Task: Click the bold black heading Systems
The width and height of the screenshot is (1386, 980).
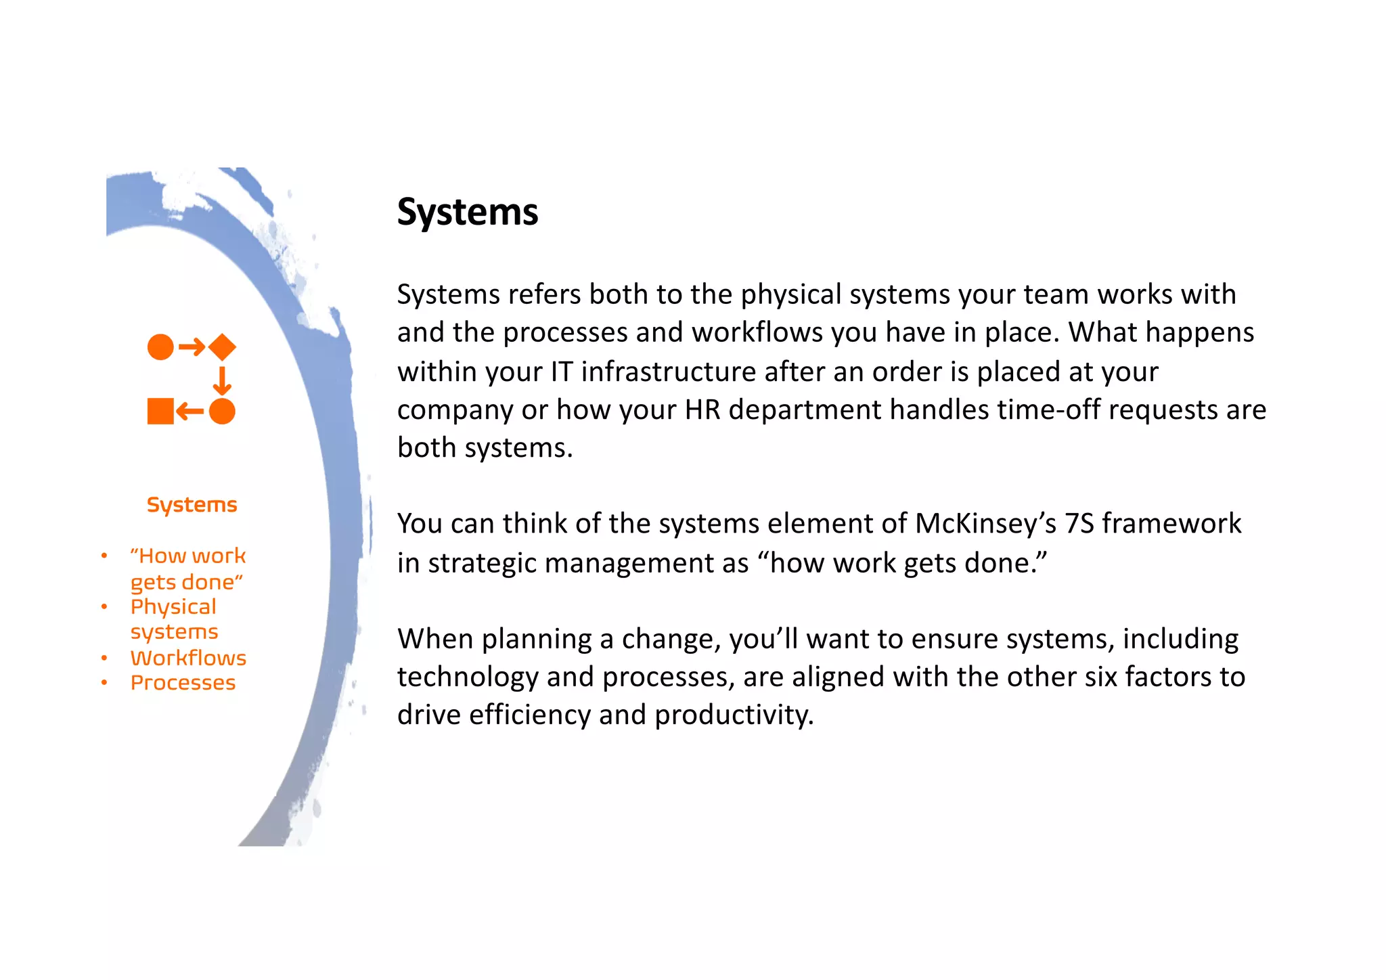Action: tap(467, 213)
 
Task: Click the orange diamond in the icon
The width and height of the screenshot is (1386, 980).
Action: tap(222, 347)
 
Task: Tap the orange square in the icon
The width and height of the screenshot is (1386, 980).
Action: tap(160, 411)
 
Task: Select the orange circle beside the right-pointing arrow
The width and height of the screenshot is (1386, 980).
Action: tap(160, 347)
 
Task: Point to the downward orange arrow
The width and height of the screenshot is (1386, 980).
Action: tap(222, 380)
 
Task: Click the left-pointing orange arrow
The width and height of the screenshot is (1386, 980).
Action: tap(190, 411)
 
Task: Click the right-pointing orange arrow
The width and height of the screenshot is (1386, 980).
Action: tap(192, 347)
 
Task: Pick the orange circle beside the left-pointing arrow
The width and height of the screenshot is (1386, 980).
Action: tap(222, 411)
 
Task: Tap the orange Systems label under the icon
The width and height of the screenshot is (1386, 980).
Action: tap(192, 505)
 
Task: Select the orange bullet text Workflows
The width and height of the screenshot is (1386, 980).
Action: tap(188, 658)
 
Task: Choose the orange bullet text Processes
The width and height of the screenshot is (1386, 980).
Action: tap(183, 683)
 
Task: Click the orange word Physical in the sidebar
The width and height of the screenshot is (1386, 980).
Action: tap(173, 607)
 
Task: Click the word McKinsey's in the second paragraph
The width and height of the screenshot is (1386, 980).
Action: tap(985, 524)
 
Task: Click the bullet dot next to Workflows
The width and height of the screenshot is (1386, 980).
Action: tap(104, 658)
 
